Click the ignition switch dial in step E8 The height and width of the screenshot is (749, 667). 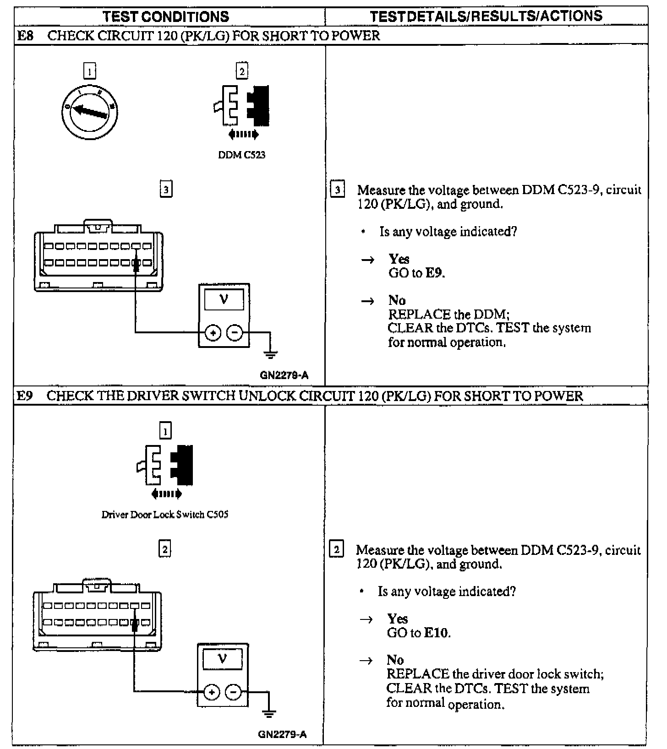[x=90, y=111]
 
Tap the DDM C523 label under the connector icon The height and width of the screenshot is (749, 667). [x=241, y=155]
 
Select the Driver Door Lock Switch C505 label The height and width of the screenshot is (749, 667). [x=165, y=515]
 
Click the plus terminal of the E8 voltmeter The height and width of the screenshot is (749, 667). [x=213, y=333]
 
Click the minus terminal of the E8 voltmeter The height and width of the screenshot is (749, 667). [x=235, y=333]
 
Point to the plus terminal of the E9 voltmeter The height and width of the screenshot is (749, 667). [x=211, y=692]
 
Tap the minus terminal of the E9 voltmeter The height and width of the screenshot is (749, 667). [x=234, y=692]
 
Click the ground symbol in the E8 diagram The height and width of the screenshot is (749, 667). [x=271, y=353]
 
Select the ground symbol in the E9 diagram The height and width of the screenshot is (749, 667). [x=269, y=713]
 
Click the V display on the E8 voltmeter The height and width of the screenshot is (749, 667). [x=224, y=300]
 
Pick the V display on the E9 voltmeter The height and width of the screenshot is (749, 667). [x=223, y=659]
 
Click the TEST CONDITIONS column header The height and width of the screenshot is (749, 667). [x=166, y=17]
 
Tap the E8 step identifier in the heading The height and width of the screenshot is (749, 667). [x=25, y=36]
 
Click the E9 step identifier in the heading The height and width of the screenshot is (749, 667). [x=25, y=396]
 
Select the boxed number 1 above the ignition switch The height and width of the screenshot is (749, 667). [x=90, y=71]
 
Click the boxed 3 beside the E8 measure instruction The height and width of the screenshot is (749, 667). [x=338, y=190]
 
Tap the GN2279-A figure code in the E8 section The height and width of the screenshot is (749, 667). [x=284, y=375]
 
